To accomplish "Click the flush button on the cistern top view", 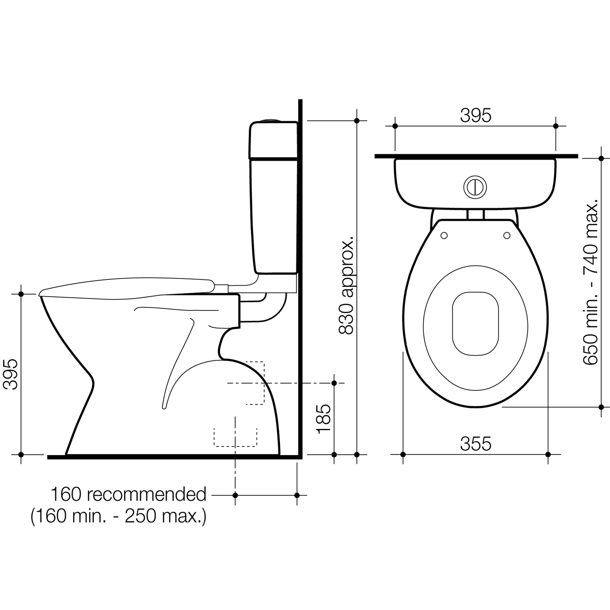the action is pos(475,187).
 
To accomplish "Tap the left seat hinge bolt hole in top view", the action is pos(444,236).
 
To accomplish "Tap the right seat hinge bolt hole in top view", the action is pos(507,236).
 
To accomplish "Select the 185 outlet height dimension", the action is pos(324,419).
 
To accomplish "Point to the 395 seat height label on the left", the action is pos(10,374).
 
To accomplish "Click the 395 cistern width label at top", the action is pos(475,115).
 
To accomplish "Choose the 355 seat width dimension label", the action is pos(475,444).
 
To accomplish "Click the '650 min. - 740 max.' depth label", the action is pos(591,282).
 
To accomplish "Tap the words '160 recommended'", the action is pos(128,494).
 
